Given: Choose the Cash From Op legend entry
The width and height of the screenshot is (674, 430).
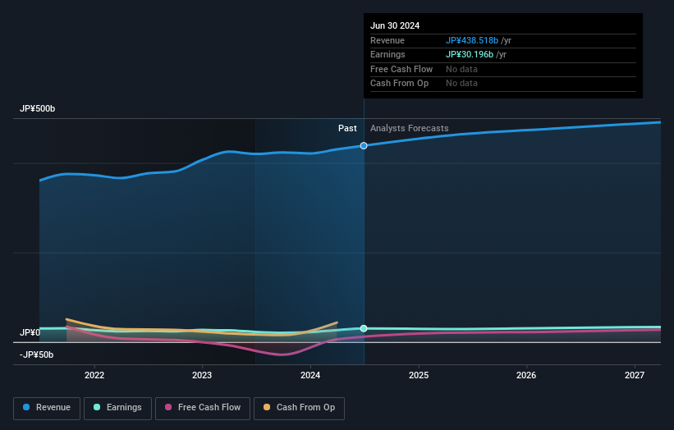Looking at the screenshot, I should (x=299, y=408).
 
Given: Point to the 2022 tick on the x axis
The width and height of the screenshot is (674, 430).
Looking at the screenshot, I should (x=94, y=376).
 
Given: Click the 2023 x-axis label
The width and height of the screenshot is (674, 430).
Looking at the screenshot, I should (x=202, y=376).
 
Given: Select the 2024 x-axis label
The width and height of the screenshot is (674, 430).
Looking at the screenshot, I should (x=310, y=376).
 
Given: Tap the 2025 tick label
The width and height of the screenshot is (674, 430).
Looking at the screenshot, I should (x=419, y=376).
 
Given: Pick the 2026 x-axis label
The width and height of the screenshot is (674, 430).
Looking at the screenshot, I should (x=526, y=376).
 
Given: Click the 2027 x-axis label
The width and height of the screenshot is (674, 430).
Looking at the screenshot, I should (x=635, y=376).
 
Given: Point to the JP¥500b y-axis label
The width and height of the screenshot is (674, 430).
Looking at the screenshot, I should (x=38, y=109).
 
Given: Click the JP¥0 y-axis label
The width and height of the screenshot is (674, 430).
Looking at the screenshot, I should (x=30, y=332).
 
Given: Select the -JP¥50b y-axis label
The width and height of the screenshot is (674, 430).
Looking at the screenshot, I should (x=36, y=355).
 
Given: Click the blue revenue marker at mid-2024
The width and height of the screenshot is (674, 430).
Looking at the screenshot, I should (x=364, y=145).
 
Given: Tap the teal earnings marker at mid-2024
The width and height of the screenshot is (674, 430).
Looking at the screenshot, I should (x=364, y=328).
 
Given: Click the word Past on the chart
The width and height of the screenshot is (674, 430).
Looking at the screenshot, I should (x=347, y=128).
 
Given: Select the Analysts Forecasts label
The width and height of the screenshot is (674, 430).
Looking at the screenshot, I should (x=409, y=128).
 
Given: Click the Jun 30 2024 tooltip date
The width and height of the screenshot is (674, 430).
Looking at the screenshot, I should (x=395, y=25).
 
